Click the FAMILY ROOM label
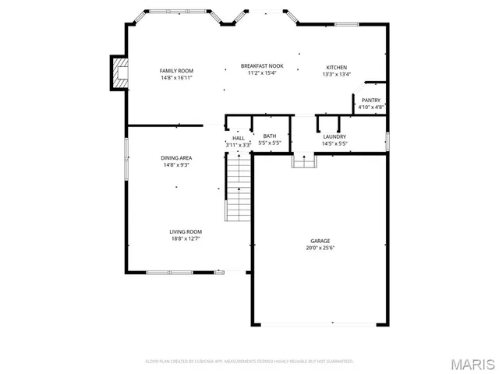[176, 71]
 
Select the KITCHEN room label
[336, 68]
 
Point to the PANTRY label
[370, 100]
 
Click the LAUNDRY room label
[334, 137]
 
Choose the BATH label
[269, 136]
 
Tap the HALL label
[238, 138]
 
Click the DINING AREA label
[176, 158]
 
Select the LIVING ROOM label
[186, 231]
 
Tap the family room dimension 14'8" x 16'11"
[176, 78]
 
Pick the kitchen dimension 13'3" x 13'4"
[336, 75]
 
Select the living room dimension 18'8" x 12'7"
[186, 238]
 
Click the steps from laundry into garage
[303, 161]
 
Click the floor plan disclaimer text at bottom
[249, 361]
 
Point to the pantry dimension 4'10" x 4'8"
[370, 107]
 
